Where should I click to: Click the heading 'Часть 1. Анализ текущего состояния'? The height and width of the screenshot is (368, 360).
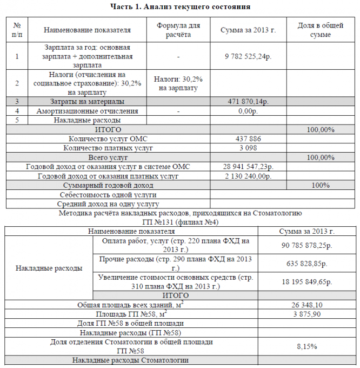180,6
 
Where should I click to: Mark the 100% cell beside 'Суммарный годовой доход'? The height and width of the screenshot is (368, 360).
321,185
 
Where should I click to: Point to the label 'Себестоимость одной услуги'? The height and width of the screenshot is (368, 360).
108,194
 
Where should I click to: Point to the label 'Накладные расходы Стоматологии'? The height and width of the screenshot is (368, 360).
131,360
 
